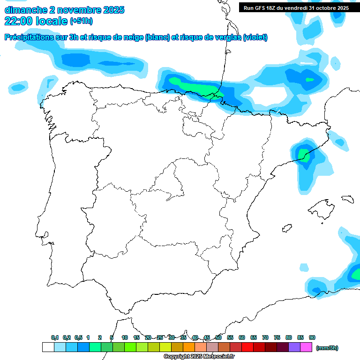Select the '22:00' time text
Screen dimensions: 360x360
coord(20,21)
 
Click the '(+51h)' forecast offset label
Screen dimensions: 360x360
coord(81,21)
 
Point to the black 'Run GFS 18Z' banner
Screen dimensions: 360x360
coord(296,7)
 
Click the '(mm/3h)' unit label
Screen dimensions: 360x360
coord(327,348)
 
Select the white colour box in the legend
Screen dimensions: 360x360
coord(48,347)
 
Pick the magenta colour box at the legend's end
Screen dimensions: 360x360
coord(306,347)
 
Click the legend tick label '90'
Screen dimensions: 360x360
coord(312,337)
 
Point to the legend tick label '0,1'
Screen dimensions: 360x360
coord(55,337)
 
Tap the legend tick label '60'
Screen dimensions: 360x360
coord(242,337)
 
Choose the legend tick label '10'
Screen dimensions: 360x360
coord(125,337)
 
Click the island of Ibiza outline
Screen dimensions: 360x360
coord(286,228)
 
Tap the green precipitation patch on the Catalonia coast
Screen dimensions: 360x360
coord(304,155)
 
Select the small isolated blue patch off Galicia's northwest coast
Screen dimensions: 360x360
coord(18,87)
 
